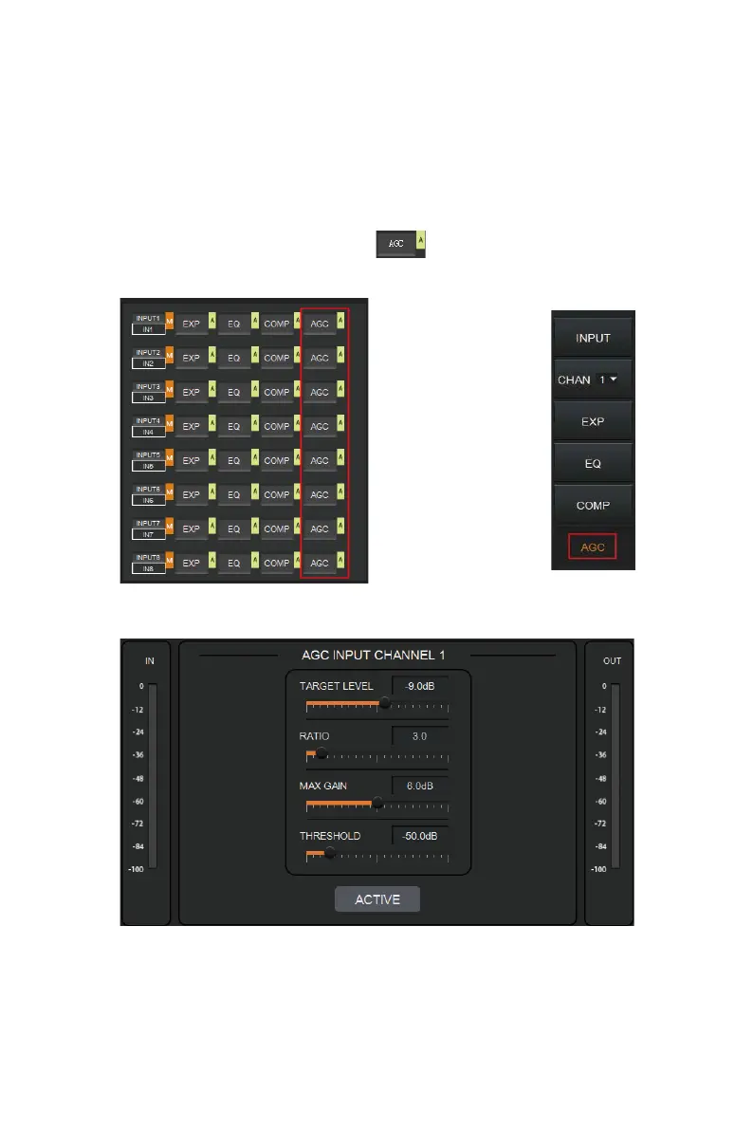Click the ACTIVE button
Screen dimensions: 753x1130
pyautogui.click(x=377, y=899)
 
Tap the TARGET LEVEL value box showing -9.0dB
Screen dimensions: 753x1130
pyautogui.click(x=420, y=685)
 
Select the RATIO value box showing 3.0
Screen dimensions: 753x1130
pyautogui.click(x=420, y=735)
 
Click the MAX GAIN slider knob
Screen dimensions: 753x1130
pyautogui.click(x=377, y=803)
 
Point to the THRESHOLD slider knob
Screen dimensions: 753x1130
pyautogui.click(x=329, y=852)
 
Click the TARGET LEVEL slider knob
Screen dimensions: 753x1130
pyautogui.click(x=384, y=703)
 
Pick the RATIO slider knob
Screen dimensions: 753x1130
pyautogui.click(x=321, y=753)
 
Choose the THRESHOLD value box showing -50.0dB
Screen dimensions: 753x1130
pyautogui.click(x=420, y=836)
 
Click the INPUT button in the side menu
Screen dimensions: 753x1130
pyautogui.click(x=593, y=338)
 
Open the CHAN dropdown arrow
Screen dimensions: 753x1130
pyautogui.click(x=615, y=380)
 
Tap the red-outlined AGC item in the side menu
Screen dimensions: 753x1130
pyautogui.click(x=593, y=546)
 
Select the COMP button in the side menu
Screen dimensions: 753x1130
pyautogui.click(x=593, y=506)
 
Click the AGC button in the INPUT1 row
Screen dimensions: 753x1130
pyautogui.click(x=320, y=324)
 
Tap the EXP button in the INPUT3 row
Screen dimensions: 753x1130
pyautogui.click(x=192, y=392)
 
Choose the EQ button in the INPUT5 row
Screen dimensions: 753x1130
pyautogui.click(x=233, y=460)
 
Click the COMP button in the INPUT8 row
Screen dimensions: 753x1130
pyautogui.click(x=277, y=563)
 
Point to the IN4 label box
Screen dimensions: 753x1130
pyautogui.click(x=149, y=432)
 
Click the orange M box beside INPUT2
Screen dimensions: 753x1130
pyautogui.click(x=171, y=358)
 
